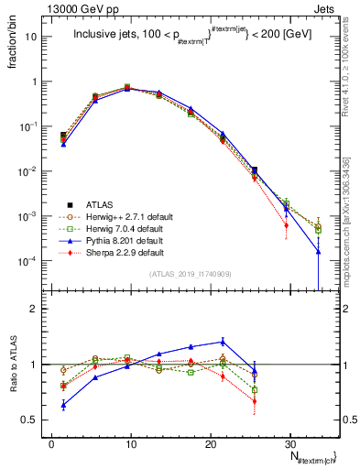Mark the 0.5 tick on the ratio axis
tap(35, 420)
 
